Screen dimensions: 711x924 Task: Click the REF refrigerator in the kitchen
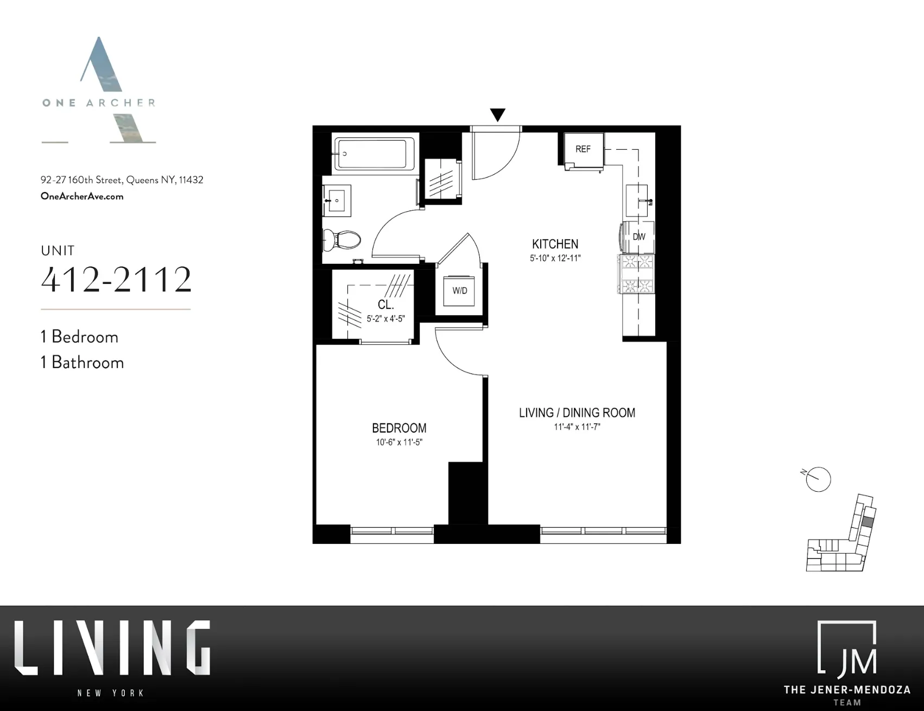point(584,149)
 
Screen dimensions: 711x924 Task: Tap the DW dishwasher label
point(639,237)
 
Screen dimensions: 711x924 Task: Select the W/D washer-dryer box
point(460,291)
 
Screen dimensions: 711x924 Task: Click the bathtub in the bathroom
point(371,154)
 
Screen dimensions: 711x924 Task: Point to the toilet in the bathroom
point(343,239)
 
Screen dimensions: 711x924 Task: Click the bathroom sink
point(337,200)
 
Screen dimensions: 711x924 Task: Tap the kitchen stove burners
point(636,274)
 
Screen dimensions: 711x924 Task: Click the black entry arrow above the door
point(497,115)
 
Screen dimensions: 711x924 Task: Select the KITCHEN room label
point(555,244)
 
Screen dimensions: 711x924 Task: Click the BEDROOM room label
point(399,428)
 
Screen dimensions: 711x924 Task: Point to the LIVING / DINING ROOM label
point(577,413)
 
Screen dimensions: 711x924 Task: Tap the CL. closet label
point(385,305)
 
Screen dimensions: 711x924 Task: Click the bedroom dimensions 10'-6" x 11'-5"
point(399,442)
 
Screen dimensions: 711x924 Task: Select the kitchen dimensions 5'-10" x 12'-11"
point(555,258)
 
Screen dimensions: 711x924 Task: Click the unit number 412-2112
point(117,280)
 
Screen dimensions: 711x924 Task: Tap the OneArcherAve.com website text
point(82,196)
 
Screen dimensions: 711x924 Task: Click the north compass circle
point(818,479)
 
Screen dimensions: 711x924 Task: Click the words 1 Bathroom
point(83,363)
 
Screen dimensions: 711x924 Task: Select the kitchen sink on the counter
point(637,200)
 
